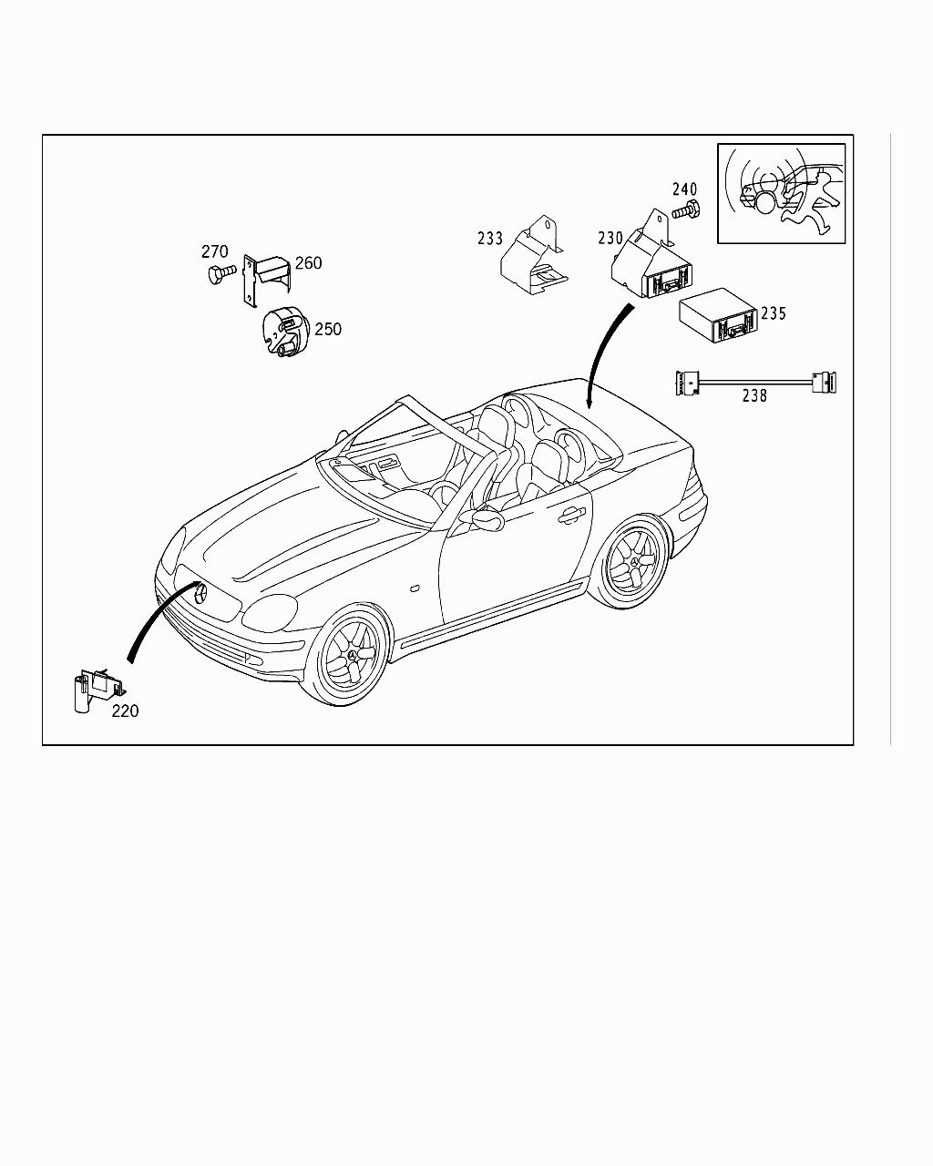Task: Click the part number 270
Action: [214, 251]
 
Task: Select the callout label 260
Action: [308, 263]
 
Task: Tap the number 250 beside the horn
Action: [328, 329]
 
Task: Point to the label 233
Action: [489, 239]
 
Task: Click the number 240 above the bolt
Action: [685, 189]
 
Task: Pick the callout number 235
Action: [774, 313]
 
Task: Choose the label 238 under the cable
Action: [754, 396]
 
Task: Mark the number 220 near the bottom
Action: [125, 711]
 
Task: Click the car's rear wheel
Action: [631, 565]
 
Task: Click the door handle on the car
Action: [572, 516]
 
